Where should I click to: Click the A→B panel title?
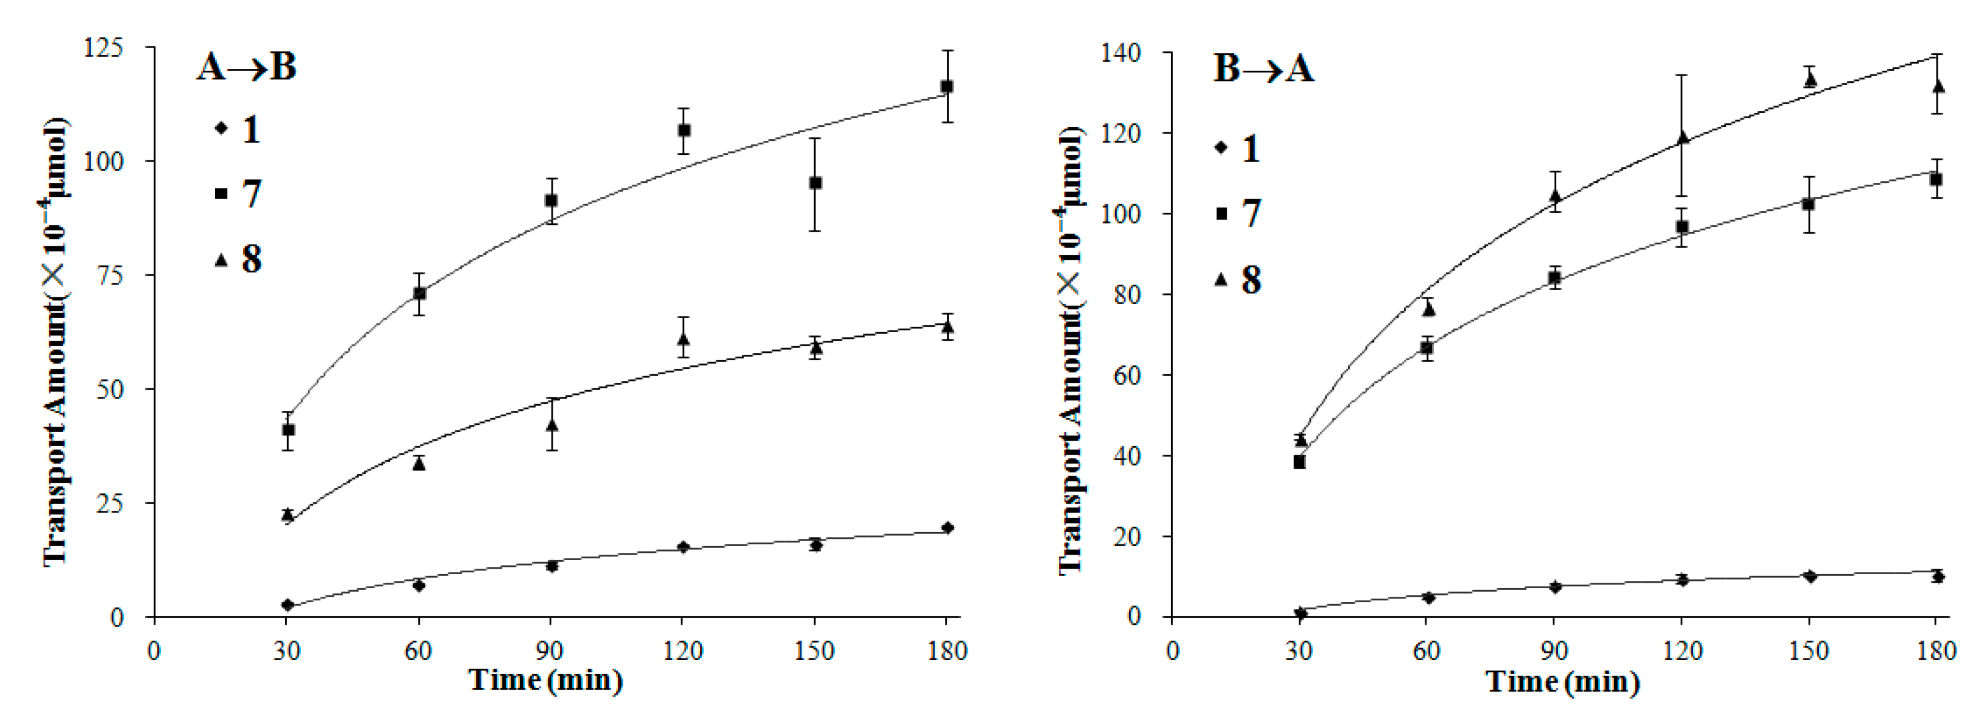click(246, 67)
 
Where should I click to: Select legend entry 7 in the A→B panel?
click(239, 193)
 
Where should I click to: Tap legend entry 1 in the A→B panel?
click(239, 129)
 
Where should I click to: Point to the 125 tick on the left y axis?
click(103, 48)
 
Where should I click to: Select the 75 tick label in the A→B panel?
click(109, 276)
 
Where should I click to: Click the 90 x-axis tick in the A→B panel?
click(550, 651)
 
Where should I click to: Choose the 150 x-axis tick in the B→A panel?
click(1809, 651)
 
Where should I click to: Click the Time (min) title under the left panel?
click(545, 680)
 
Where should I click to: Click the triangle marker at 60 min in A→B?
click(419, 463)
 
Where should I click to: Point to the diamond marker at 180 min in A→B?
click(948, 527)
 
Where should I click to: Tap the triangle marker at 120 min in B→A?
click(1682, 138)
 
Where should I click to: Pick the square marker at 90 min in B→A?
click(1554, 278)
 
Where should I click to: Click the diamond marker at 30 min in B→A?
click(1300, 613)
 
